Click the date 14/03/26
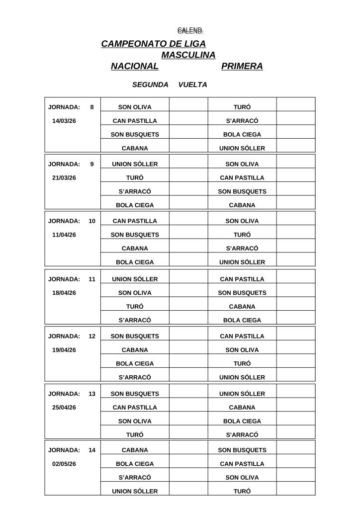click(64, 121)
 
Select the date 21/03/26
click(64, 178)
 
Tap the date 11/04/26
click(64, 235)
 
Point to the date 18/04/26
click(64, 293)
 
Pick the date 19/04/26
click(64, 350)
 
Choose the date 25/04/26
click(64, 408)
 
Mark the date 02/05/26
click(64, 464)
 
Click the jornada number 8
click(92, 107)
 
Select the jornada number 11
click(92, 279)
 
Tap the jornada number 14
click(92, 450)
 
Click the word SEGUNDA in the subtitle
click(150, 85)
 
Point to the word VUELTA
click(192, 85)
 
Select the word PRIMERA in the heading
click(242, 66)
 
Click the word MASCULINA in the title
click(188, 55)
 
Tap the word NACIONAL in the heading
click(134, 66)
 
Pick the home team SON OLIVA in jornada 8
click(135, 107)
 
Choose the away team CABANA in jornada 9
click(242, 205)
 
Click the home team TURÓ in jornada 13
click(135, 435)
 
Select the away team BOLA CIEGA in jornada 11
click(242, 321)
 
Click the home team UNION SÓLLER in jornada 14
click(135, 492)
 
